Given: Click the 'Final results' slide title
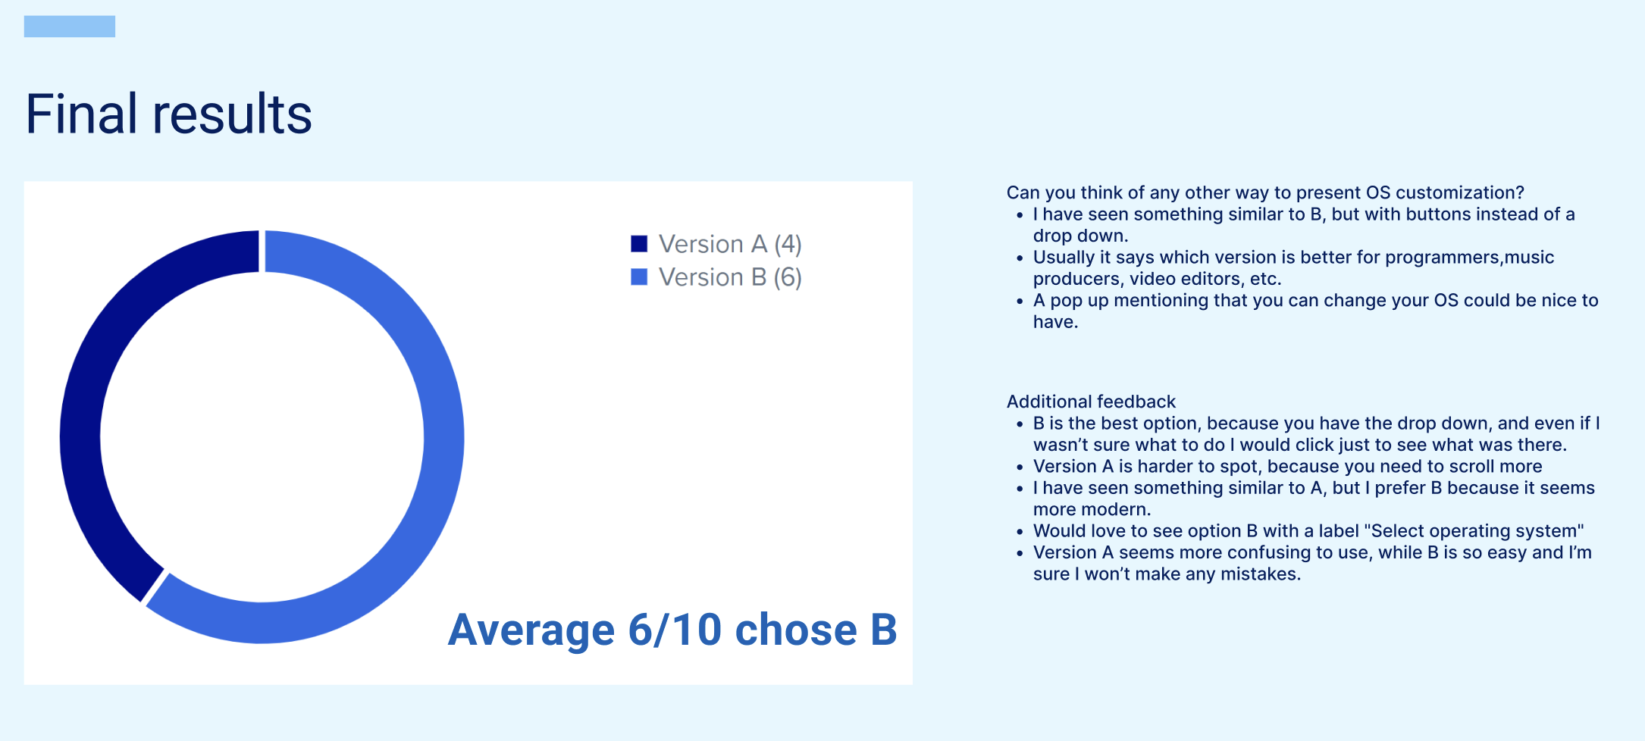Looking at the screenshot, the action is click(x=168, y=114).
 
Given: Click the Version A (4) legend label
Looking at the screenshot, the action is click(x=730, y=244).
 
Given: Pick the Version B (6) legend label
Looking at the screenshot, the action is click(x=730, y=277).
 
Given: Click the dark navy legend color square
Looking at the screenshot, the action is click(x=639, y=244).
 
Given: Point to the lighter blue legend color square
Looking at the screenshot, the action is click(x=639, y=277).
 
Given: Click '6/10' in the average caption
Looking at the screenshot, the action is click(x=675, y=630).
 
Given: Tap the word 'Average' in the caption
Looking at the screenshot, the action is click(x=531, y=630).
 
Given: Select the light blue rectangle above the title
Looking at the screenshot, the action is click(x=70, y=27).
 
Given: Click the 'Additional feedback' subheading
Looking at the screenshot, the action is click(x=1091, y=402).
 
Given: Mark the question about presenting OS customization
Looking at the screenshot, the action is click(x=1265, y=193).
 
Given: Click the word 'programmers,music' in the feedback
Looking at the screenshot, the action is click(x=1469, y=258).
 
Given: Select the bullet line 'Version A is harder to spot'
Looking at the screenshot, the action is click(x=1287, y=467).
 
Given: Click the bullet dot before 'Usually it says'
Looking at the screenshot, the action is click(x=1020, y=258).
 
